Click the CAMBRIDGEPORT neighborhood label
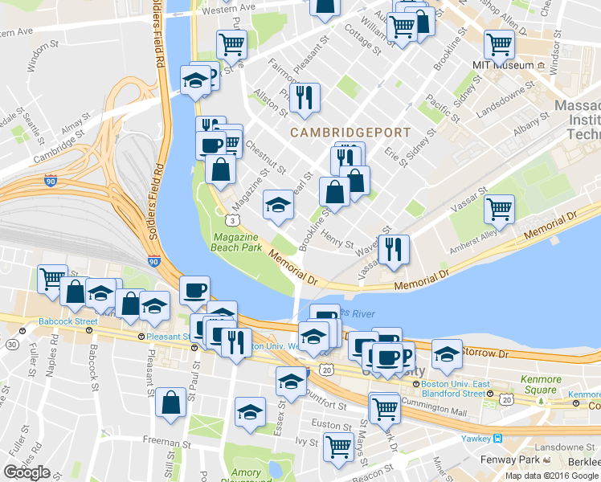click(350, 132)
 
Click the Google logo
click(27, 472)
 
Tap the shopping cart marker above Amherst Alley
click(499, 210)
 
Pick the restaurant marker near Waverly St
click(393, 248)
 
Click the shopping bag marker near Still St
click(172, 403)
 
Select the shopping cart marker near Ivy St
click(338, 445)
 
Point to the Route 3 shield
click(231, 219)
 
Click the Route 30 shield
click(12, 344)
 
